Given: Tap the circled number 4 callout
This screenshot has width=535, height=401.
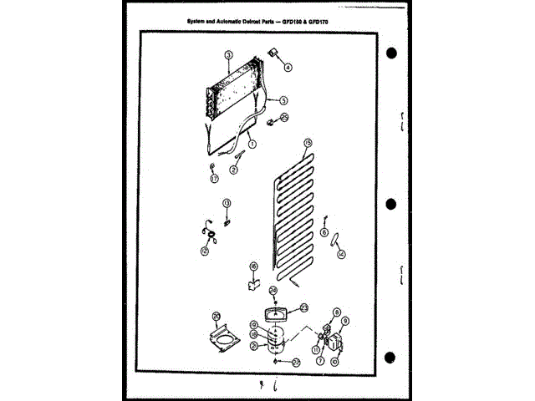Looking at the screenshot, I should point(289,68).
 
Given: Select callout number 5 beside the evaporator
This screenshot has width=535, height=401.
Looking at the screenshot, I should point(284,99).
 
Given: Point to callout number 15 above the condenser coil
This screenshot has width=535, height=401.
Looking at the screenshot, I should point(308,143).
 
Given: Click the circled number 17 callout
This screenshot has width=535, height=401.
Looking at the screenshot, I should point(214,178).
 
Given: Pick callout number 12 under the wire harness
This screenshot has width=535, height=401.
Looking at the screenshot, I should point(205,250).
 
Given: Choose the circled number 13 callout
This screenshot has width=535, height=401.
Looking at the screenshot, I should point(226,203).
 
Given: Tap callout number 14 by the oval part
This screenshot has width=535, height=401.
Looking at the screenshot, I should point(340,253).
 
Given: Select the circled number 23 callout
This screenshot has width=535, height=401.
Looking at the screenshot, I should point(304,307).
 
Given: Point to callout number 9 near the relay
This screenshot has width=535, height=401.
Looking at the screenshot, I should point(344,321).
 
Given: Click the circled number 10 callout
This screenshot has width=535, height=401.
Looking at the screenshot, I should point(334,362).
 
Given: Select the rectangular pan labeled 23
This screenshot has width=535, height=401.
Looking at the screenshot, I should point(273,313).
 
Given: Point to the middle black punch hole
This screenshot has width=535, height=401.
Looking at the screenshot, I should point(392,205).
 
